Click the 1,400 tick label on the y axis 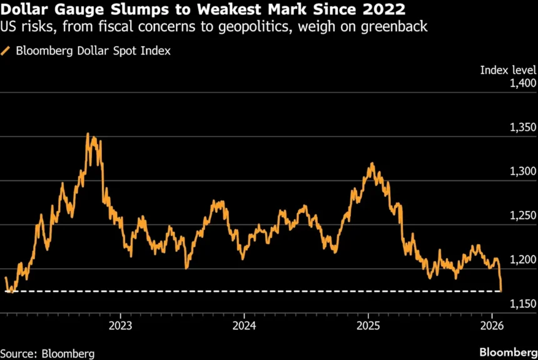(x=520, y=83)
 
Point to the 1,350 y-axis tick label (x=520, y=128)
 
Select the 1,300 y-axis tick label (x=520, y=172)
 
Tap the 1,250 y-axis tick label (x=520, y=216)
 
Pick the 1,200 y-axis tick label (x=520, y=260)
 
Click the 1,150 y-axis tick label (x=520, y=304)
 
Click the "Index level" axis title (x=508, y=69)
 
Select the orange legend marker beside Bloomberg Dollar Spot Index (x=6, y=51)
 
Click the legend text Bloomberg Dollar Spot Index (x=93, y=51)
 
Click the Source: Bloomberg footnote (x=48, y=354)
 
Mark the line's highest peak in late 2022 (x=88, y=133)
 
